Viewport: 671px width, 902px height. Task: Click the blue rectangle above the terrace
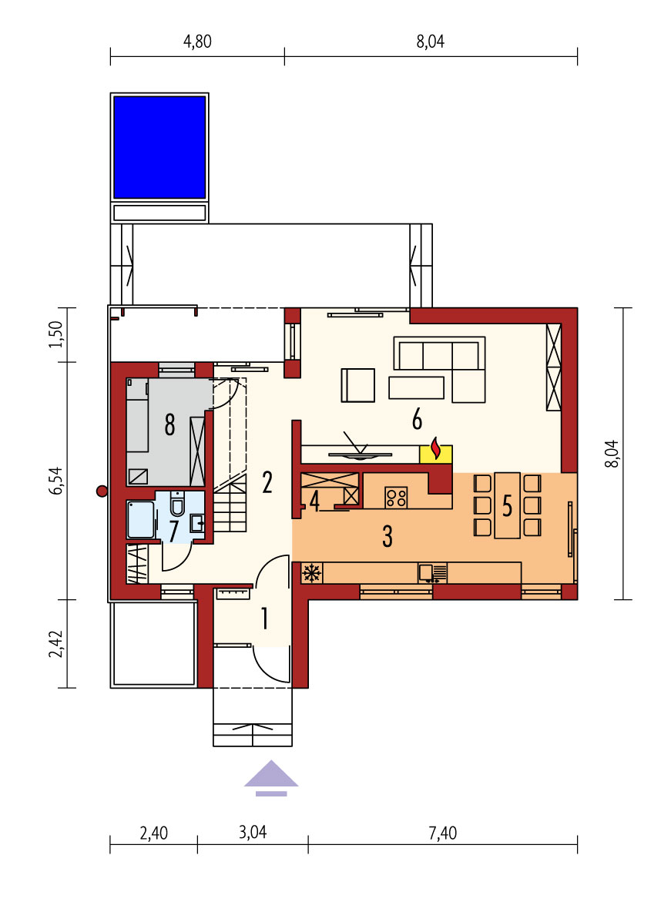pyautogui.click(x=159, y=147)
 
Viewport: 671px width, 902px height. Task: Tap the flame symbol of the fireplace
pyautogui.click(x=436, y=449)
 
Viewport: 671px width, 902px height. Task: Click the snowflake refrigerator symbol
pyautogui.click(x=312, y=573)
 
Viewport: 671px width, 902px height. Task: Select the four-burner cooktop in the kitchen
pyautogui.click(x=397, y=498)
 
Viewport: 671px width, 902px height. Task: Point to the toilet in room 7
pyautogui.click(x=177, y=505)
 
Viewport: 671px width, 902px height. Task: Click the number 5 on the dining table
pyautogui.click(x=507, y=506)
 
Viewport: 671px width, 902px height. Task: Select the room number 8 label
pyautogui.click(x=169, y=424)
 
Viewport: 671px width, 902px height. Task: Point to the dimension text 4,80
pyautogui.click(x=197, y=42)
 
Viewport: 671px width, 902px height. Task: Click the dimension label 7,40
pyautogui.click(x=442, y=833)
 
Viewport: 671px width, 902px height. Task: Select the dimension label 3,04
pyautogui.click(x=253, y=833)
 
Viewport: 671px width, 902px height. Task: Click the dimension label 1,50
pyautogui.click(x=55, y=334)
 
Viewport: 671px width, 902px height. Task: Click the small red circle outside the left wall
pyautogui.click(x=102, y=491)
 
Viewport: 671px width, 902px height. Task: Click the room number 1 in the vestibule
pyautogui.click(x=265, y=619)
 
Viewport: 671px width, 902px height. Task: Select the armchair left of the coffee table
pyautogui.click(x=358, y=385)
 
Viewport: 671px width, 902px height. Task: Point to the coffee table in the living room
pyautogui.click(x=416, y=387)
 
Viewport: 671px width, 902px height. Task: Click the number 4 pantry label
pyautogui.click(x=314, y=501)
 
